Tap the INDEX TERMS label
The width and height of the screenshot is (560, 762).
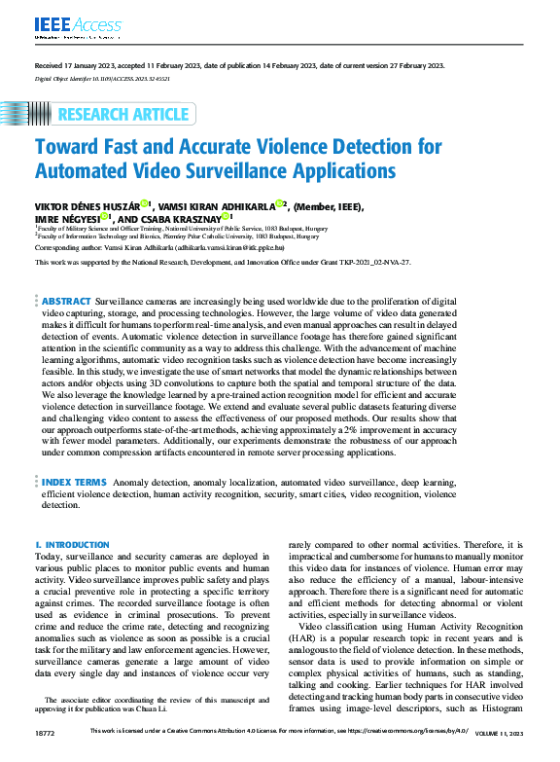click(x=74, y=481)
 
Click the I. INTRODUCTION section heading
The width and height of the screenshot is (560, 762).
click(x=72, y=545)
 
